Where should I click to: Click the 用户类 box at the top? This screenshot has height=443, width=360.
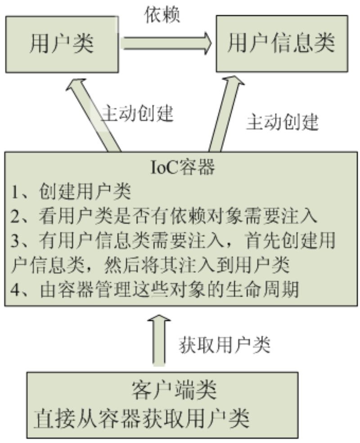[x=62, y=44]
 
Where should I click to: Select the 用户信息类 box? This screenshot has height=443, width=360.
[x=281, y=44]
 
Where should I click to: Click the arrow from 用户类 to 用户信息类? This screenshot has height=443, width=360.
[x=167, y=44]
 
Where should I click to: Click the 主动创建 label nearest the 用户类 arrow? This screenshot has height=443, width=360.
[x=137, y=113]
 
